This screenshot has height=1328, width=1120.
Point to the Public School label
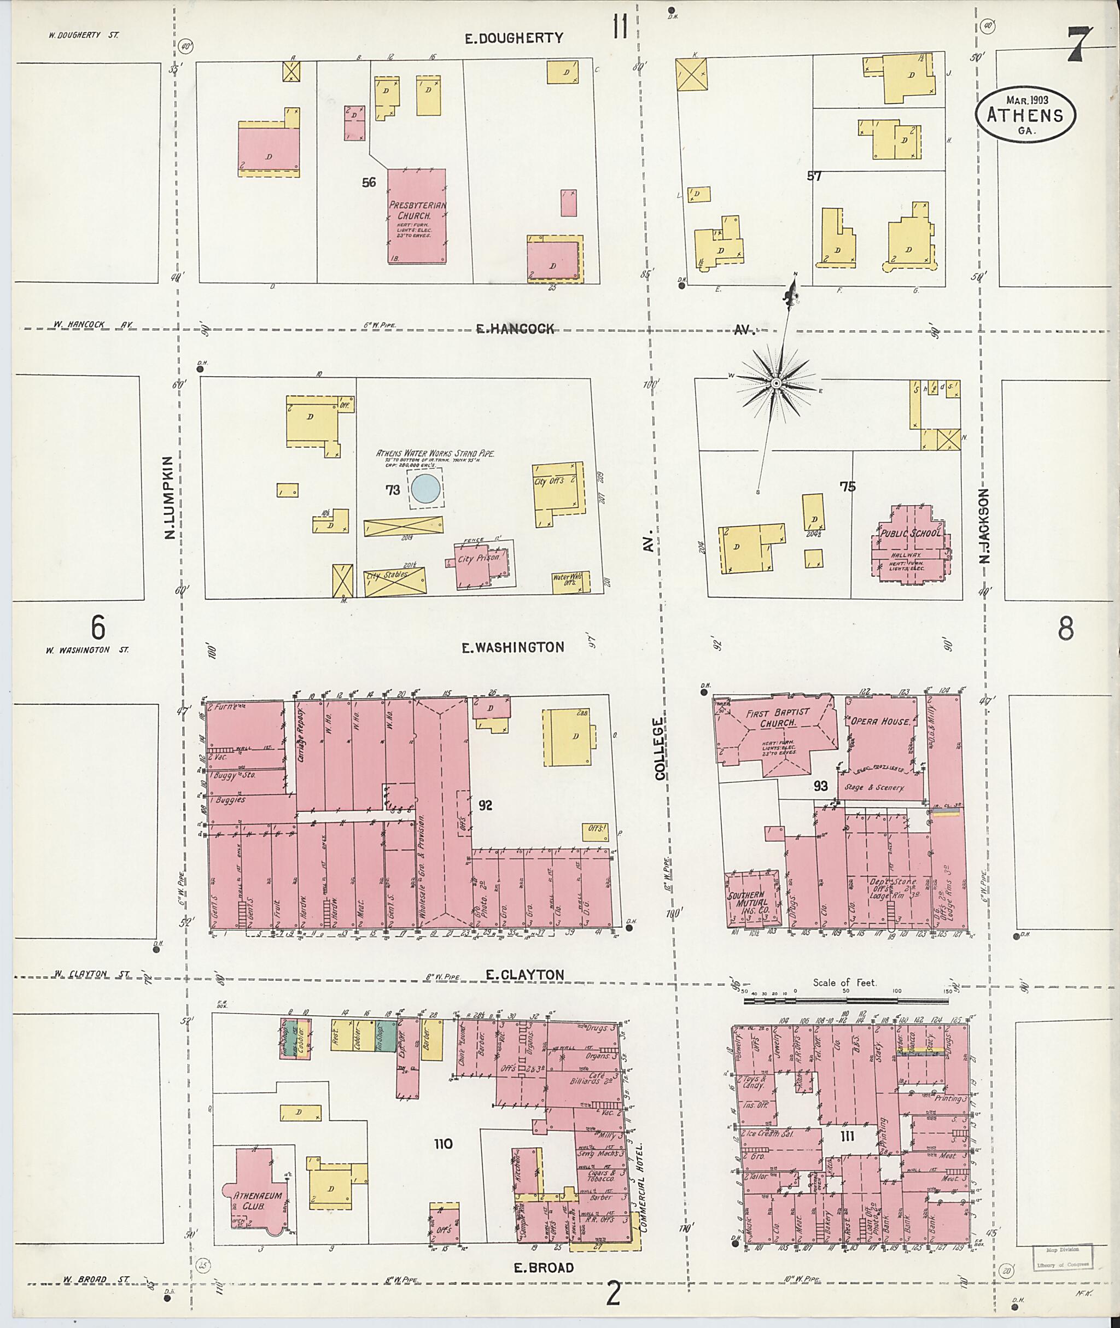(911, 534)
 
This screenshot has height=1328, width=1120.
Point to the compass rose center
(775, 384)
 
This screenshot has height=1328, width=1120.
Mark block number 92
(486, 805)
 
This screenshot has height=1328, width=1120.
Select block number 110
(443, 1144)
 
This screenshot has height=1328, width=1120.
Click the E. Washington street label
(513, 647)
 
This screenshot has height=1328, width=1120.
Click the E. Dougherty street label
(514, 38)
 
